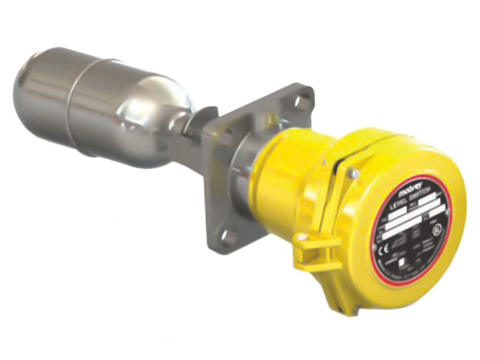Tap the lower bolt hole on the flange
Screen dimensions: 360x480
coord(229,236)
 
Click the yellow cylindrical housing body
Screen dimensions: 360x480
coord(288,180)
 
